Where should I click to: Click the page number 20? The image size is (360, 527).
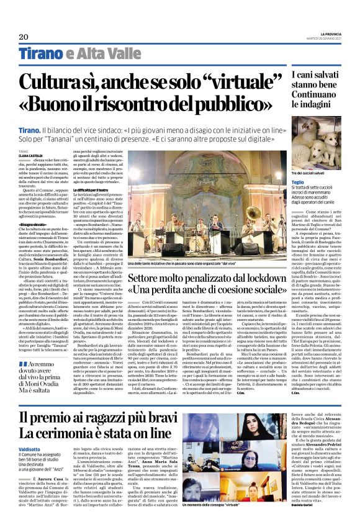(24, 37)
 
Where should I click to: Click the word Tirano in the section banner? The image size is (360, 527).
(41, 55)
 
